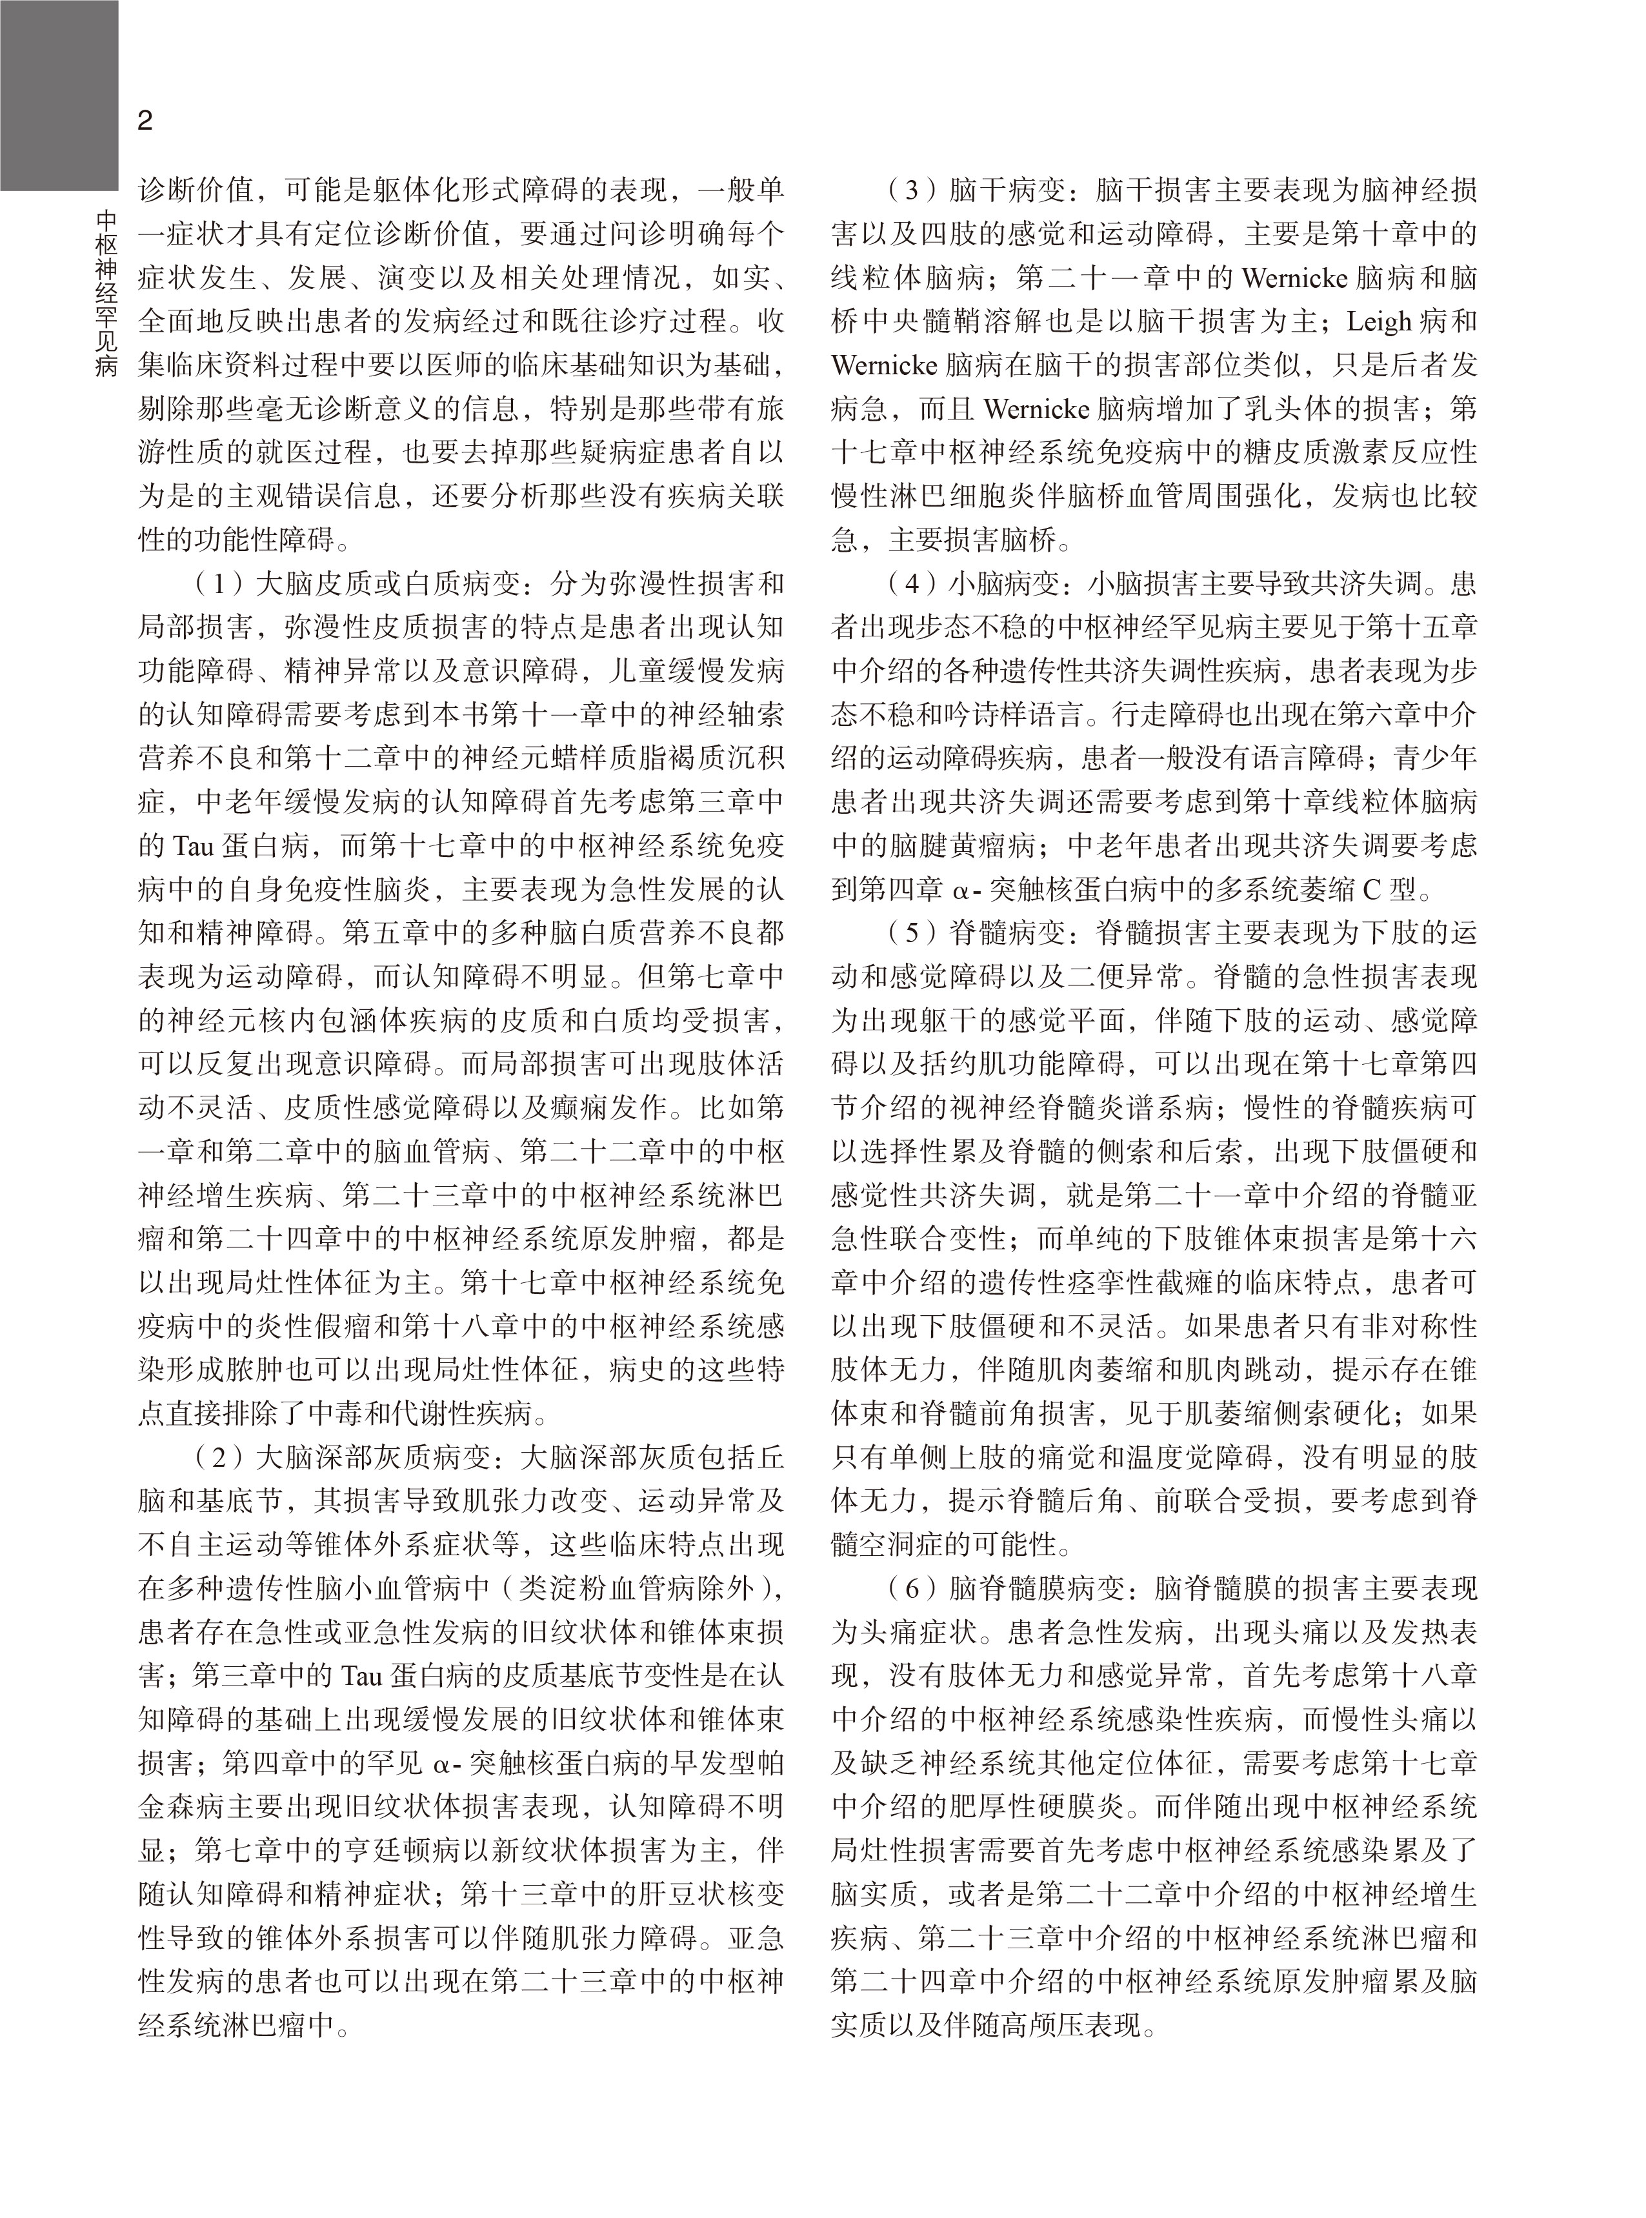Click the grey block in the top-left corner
tap(58, 95)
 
